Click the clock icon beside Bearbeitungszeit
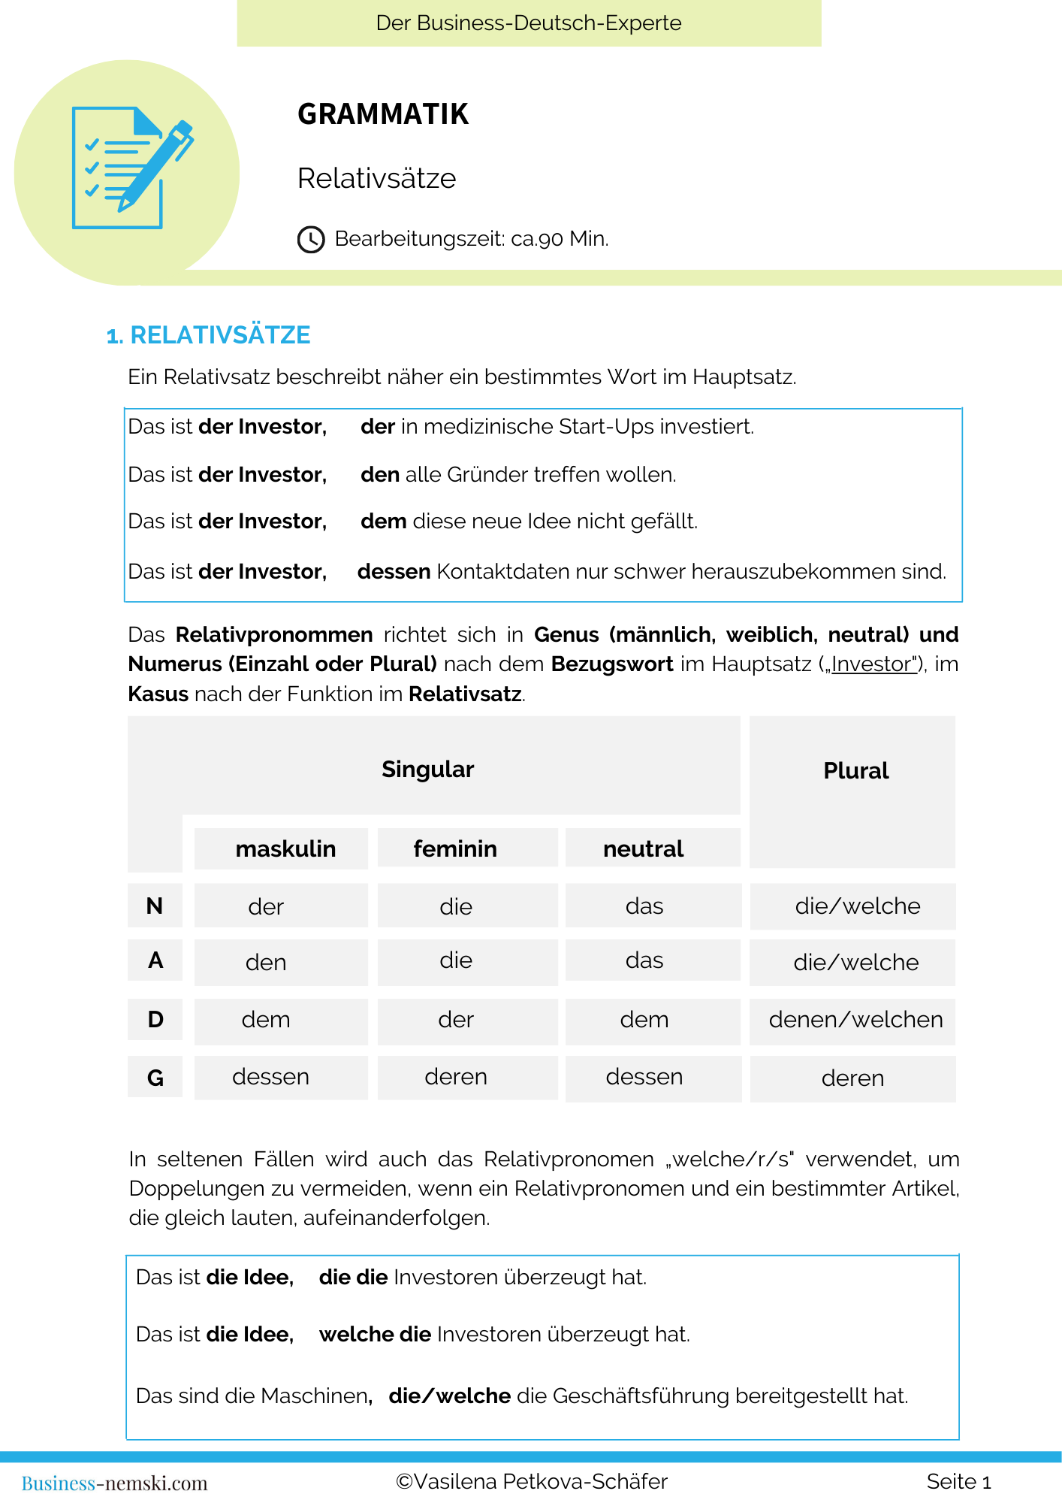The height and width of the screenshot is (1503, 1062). pos(311,239)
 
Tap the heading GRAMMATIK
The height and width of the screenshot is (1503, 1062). pos(383,114)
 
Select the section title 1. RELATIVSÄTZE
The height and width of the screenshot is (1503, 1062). pos(209,335)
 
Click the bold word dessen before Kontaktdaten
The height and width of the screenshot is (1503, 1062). pos(394,572)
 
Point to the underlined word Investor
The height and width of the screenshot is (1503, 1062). pos(873,664)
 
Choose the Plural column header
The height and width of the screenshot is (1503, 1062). pos(855,771)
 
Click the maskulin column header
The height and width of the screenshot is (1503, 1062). pos(285,849)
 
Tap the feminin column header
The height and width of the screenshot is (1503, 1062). pos(455,849)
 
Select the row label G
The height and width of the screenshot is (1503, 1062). pos(155,1078)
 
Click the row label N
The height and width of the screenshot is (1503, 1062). pos(155,906)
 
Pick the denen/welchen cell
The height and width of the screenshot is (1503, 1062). pos(855,1020)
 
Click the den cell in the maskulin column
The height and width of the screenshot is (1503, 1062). pos(266,963)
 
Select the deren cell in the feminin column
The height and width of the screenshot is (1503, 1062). pos(456,1077)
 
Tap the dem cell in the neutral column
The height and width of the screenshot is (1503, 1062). pos(644,1020)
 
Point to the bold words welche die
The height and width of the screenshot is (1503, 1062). pos(375,1335)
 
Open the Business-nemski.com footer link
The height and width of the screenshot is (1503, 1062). pos(114,1483)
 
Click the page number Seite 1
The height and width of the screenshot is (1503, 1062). pos(958,1482)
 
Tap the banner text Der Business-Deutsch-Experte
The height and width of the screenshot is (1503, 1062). pos(529,23)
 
